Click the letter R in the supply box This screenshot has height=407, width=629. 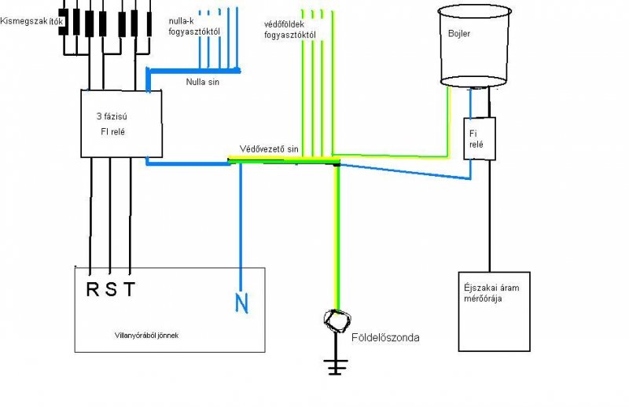coord(92,288)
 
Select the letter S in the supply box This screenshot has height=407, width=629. coord(112,288)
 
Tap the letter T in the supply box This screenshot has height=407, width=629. coord(130,288)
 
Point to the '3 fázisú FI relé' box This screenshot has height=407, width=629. coord(122,123)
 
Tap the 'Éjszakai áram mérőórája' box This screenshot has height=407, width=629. coord(494,311)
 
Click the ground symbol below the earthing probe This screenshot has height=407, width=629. coord(337,365)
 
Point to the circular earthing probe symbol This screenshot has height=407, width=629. coord(338,319)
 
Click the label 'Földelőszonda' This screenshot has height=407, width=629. coord(388,338)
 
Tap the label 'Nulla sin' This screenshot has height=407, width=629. coord(203,81)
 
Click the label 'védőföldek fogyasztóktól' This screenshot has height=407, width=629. coord(290,30)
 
